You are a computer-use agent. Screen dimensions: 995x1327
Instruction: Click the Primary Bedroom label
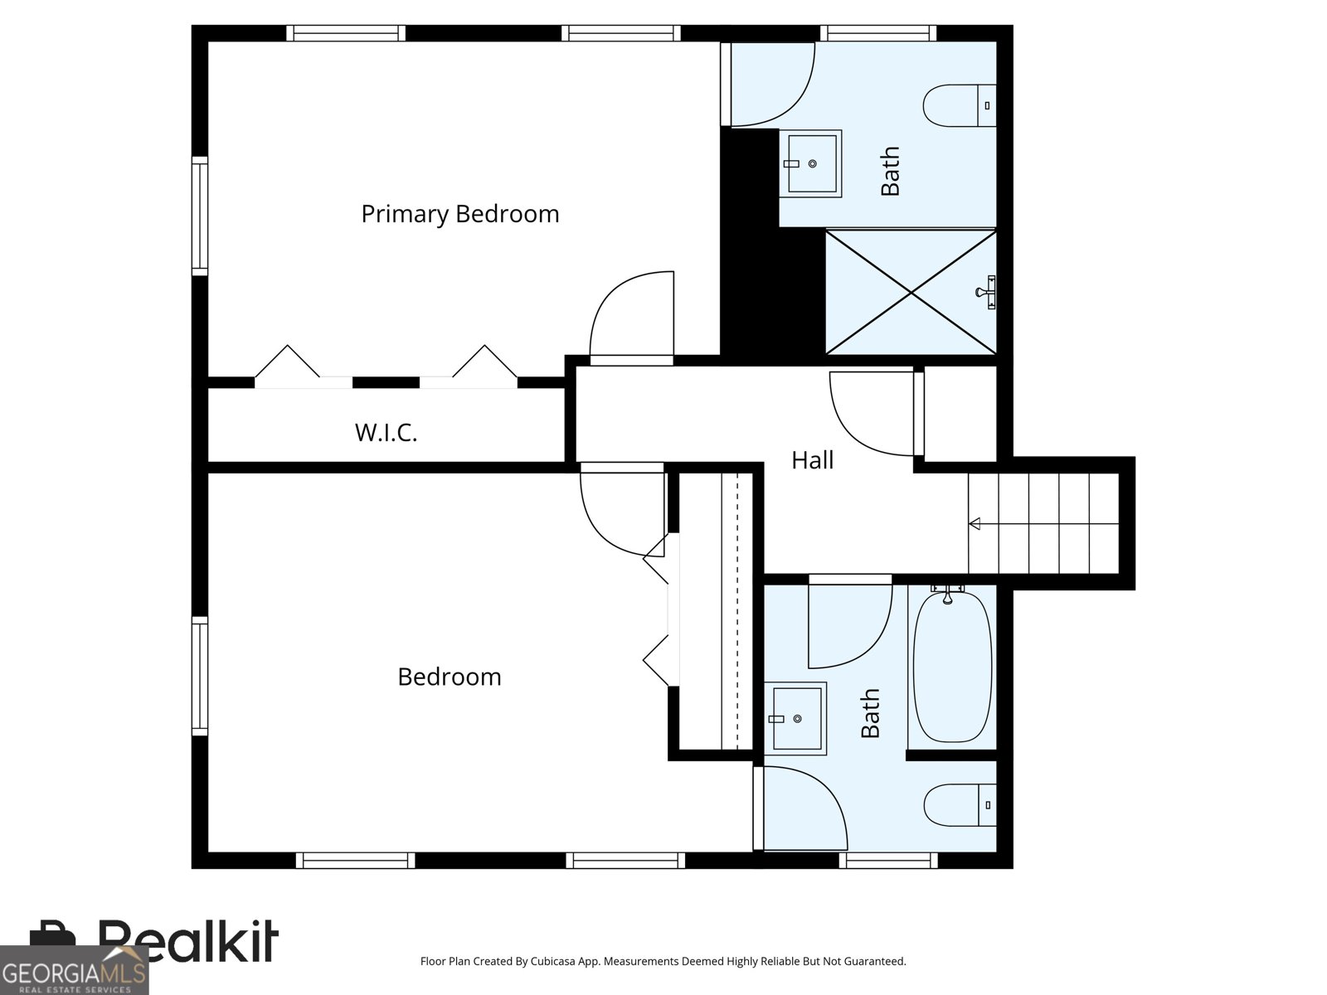459,214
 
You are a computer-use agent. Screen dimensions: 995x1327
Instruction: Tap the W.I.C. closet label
386,432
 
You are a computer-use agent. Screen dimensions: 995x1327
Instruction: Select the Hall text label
812,460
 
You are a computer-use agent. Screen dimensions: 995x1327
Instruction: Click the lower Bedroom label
449,677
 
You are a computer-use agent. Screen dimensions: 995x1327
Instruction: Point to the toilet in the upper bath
958,105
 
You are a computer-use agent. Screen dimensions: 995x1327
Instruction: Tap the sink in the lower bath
795,718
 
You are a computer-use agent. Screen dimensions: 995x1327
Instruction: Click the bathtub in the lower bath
951,666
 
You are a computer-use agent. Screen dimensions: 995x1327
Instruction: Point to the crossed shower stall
911,292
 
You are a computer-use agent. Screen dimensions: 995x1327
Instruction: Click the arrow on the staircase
975,523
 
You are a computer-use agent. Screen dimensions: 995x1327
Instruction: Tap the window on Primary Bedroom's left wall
199,216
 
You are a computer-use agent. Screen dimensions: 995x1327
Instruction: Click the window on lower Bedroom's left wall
199,676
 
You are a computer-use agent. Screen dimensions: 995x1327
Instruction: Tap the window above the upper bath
878,33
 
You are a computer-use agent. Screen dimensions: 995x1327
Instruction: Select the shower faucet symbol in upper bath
988,292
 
